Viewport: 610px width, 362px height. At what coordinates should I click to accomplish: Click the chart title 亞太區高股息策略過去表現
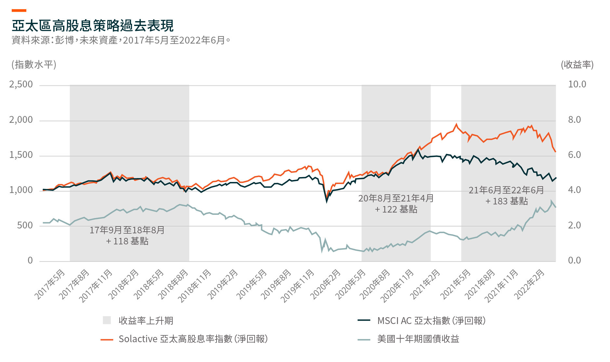click(93, 26)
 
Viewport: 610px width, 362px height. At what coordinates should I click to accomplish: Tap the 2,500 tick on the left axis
click(21, 84)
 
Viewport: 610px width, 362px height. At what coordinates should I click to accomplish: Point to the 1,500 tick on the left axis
click(21, 155)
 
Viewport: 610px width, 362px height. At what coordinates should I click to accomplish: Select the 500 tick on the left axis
click(25, 225)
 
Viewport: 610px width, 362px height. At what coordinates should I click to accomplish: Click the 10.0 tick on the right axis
click(577, 84)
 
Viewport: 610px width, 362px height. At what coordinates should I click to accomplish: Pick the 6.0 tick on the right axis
click(574, 155)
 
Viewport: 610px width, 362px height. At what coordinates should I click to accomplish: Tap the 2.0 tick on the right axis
click(574, 225)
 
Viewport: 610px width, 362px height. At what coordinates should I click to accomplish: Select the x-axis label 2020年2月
click(325, 284)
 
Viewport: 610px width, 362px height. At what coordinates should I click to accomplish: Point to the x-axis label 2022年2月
click(529, 284)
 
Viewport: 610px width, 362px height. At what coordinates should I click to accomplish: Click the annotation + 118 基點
click(127, 241)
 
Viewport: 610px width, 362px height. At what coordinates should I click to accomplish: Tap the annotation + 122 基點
click(396, 209)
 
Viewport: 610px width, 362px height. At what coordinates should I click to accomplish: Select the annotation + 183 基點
click(507, 201)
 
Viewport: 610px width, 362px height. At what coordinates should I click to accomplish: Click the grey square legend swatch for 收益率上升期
click(107, 320)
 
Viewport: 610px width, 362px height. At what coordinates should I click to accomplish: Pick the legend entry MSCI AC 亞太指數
click(431, 321)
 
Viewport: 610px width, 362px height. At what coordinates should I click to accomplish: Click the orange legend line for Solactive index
click(107, 340)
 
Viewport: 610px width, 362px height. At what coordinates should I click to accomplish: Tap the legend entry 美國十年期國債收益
click(418, 339)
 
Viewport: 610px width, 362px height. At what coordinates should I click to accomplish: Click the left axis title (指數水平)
click(34, 64)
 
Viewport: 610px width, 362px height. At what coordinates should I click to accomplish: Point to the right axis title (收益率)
click(577, 64)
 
